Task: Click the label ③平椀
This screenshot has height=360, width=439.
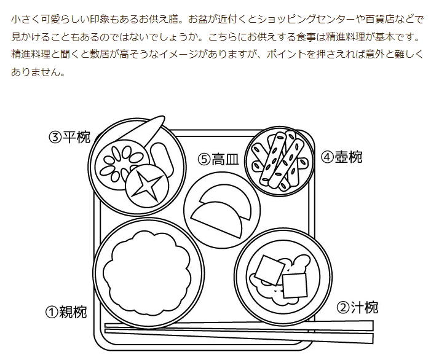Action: pyautogui.click(x=69, y=136)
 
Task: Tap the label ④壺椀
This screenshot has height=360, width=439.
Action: pyautogui.click(x=341, y=157)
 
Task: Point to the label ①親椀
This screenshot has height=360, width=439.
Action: pyautogui.click(x=66, y=312)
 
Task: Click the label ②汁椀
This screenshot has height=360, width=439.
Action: pyautogui.click(x=357, y=307)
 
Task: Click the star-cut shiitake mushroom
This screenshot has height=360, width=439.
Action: pyautogui.click(x=148, y=186)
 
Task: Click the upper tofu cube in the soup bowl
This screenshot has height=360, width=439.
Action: pyautogui.click(x=271, y=268)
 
